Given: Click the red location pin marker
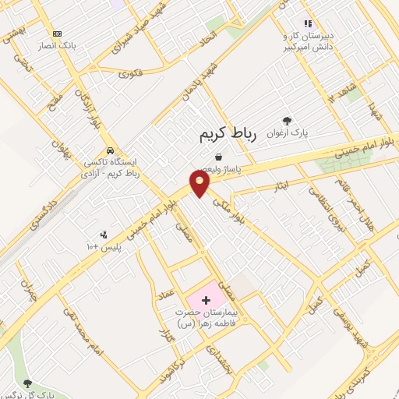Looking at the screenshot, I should point(201,185).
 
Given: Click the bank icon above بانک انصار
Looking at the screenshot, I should point(57,34).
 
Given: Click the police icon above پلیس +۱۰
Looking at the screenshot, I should point(104,235).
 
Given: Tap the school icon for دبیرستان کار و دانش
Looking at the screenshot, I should point(308,24).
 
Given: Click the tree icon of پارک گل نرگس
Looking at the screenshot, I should point(28,383).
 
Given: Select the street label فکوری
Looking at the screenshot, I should point(129,74).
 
